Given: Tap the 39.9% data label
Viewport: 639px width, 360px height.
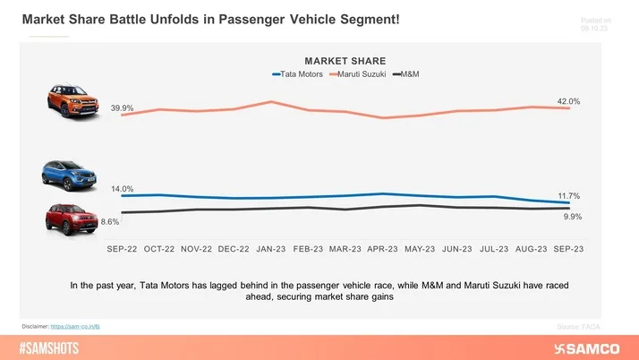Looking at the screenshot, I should [123, 108].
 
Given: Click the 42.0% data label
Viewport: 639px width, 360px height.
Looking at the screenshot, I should [568, 102].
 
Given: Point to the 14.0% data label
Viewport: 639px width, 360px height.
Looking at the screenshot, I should [123, 189].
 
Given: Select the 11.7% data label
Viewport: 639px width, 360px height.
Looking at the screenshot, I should [568, 195].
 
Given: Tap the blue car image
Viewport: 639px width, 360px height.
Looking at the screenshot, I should [67, 173].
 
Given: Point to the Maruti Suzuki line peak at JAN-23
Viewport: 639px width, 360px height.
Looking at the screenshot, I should [270, 102].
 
